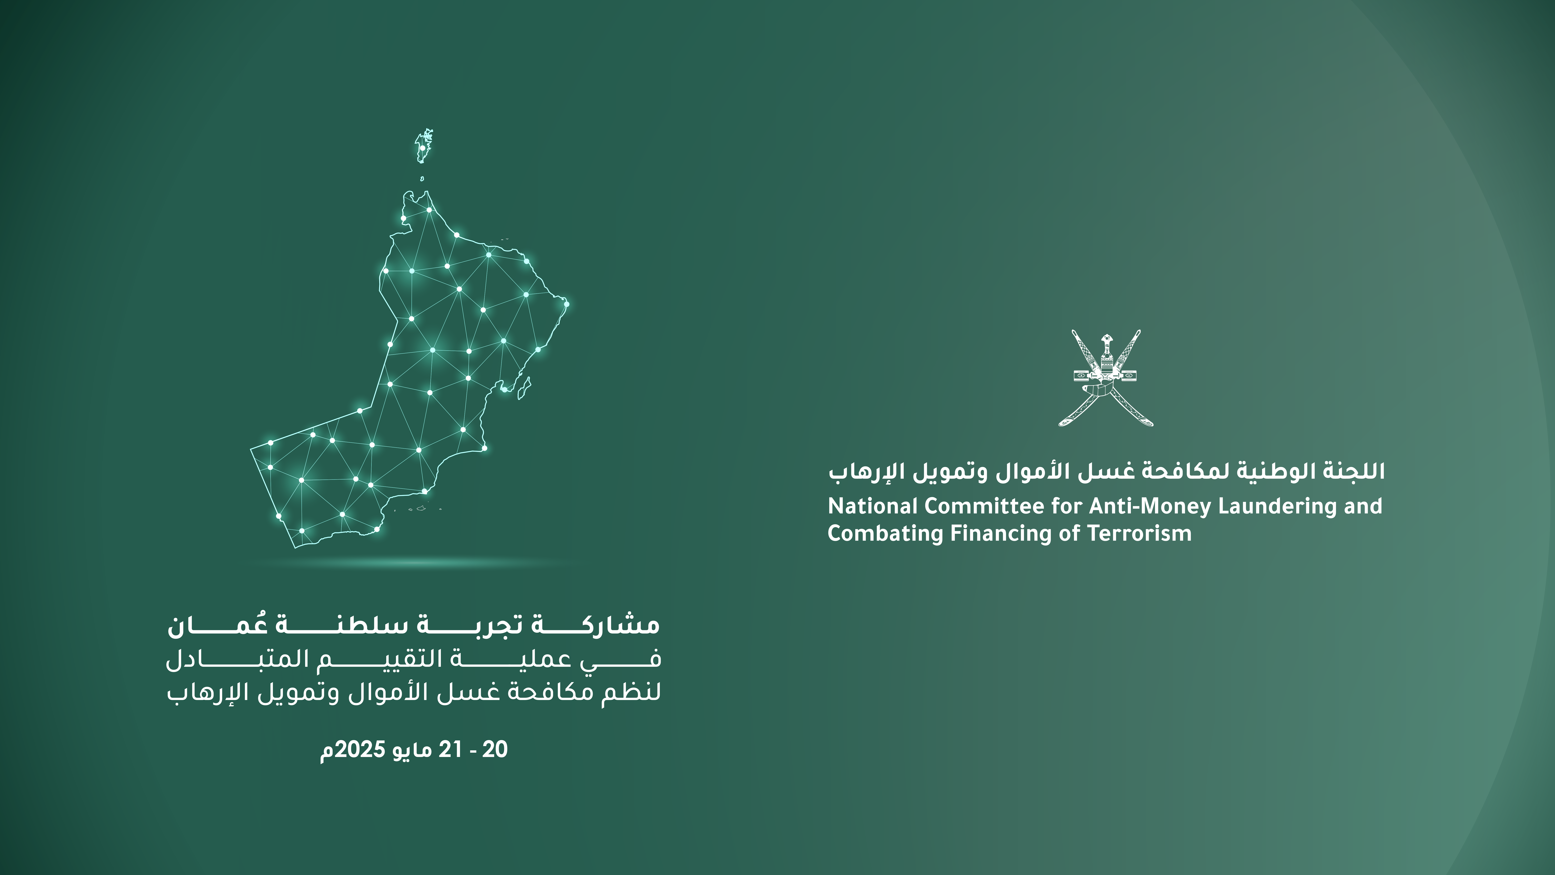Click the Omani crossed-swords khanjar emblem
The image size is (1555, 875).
point(1106,378)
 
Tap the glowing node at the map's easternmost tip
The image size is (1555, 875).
point(566,304)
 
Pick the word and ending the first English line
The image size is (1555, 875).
point(1363,506)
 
